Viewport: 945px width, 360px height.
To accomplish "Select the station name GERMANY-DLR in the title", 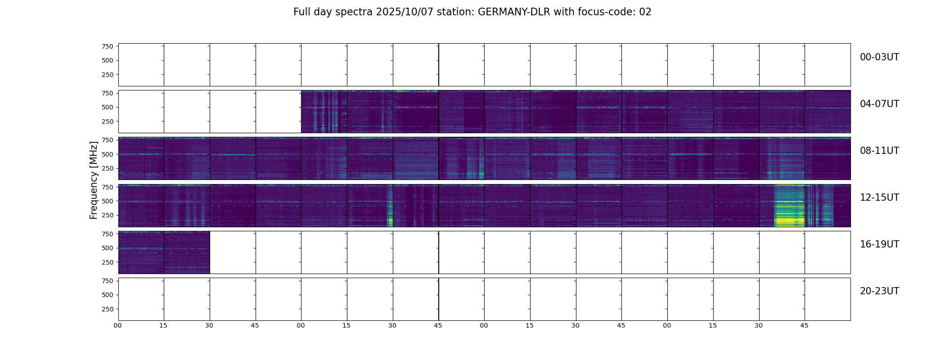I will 514,12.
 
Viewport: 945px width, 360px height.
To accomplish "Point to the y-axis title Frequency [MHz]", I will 94,180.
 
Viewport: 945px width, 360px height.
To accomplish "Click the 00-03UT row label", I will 879,57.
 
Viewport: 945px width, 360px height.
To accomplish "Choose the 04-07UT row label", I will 879,104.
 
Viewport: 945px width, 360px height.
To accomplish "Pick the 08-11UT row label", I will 879,151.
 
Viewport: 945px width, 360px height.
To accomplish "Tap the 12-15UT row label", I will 879,198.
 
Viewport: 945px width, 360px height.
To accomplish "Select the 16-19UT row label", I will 879,244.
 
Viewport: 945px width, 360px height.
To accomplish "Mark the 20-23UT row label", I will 879,291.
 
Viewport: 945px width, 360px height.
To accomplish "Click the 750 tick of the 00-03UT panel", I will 108,46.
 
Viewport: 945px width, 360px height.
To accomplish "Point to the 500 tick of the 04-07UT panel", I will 108,108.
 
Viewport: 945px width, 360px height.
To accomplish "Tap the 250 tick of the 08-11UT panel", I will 108,169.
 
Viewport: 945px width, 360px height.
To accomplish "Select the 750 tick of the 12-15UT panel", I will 108,187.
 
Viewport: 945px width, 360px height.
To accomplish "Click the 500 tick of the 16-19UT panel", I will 108,248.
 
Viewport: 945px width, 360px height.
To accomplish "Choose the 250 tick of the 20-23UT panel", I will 108,309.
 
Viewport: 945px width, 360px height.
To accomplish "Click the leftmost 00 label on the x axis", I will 118,325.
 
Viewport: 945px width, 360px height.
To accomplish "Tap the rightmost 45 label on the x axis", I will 804,325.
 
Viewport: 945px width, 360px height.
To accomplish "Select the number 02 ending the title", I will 645,12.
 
